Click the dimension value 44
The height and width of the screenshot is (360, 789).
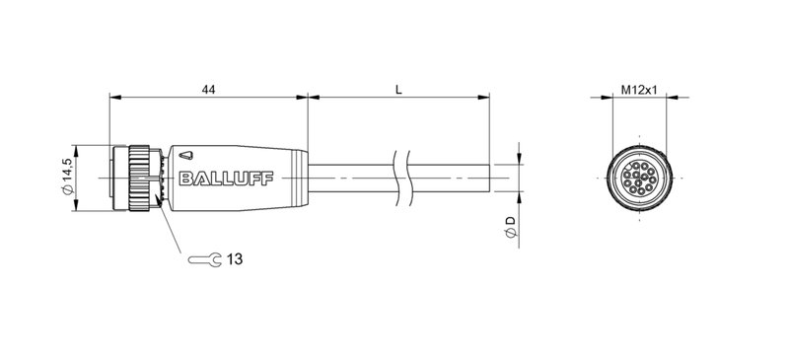(208, 89)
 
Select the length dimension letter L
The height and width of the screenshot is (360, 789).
(398, 89)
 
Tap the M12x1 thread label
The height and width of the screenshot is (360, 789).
(639, 89)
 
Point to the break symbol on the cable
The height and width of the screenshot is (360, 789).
(398, 177)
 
